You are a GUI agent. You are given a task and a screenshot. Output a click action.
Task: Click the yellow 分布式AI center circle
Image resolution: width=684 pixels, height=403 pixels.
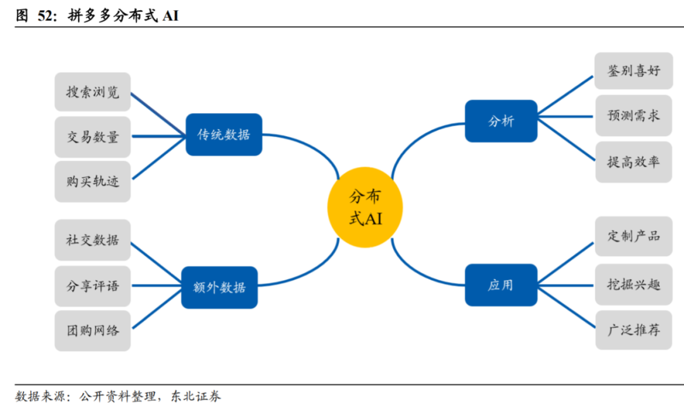(x=365, y=208)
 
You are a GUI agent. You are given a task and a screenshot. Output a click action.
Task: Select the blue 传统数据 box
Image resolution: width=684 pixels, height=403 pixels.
(x=224, y=134)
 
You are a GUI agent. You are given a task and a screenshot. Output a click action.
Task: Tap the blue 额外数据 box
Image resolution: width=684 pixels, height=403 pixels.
(x=219, y=287)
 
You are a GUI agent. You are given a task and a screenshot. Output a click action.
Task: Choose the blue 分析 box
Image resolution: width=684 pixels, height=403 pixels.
(x=501, y=121)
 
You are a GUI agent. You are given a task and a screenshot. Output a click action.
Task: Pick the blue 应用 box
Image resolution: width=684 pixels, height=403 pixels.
(x=501, y=285)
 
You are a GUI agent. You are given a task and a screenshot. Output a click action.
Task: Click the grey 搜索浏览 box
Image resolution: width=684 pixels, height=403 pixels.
(x=92, y=92)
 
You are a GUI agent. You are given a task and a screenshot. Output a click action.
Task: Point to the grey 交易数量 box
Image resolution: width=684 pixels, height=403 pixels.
(x=92, y=137)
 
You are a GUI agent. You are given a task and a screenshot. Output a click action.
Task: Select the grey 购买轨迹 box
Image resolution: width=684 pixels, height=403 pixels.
(x=92, y=181)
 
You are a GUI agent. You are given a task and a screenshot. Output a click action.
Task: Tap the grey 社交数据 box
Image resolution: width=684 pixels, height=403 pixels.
(x=92, y=240)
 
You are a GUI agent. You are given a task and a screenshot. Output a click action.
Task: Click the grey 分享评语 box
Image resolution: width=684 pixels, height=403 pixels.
(x=92, y=285)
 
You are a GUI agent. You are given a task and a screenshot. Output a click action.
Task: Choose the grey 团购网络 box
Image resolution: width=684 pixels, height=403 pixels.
(x=92, y=330)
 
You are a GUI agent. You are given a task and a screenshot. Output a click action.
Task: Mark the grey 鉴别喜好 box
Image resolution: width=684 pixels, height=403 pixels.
(x=633, y=71)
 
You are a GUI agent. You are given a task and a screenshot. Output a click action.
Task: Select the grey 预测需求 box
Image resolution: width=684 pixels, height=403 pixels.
(x=633, y=116)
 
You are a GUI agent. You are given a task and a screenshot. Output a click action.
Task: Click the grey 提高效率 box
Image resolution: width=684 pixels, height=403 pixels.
(x=633, y=161)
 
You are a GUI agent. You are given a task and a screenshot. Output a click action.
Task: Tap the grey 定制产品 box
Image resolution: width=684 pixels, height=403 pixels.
(x=633, y=236)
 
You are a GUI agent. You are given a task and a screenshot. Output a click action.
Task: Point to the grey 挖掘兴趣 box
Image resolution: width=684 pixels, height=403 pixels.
(x=633, y=284)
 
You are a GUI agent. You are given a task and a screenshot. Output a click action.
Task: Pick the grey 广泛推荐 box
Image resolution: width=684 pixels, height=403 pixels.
(x=633, y=330)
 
